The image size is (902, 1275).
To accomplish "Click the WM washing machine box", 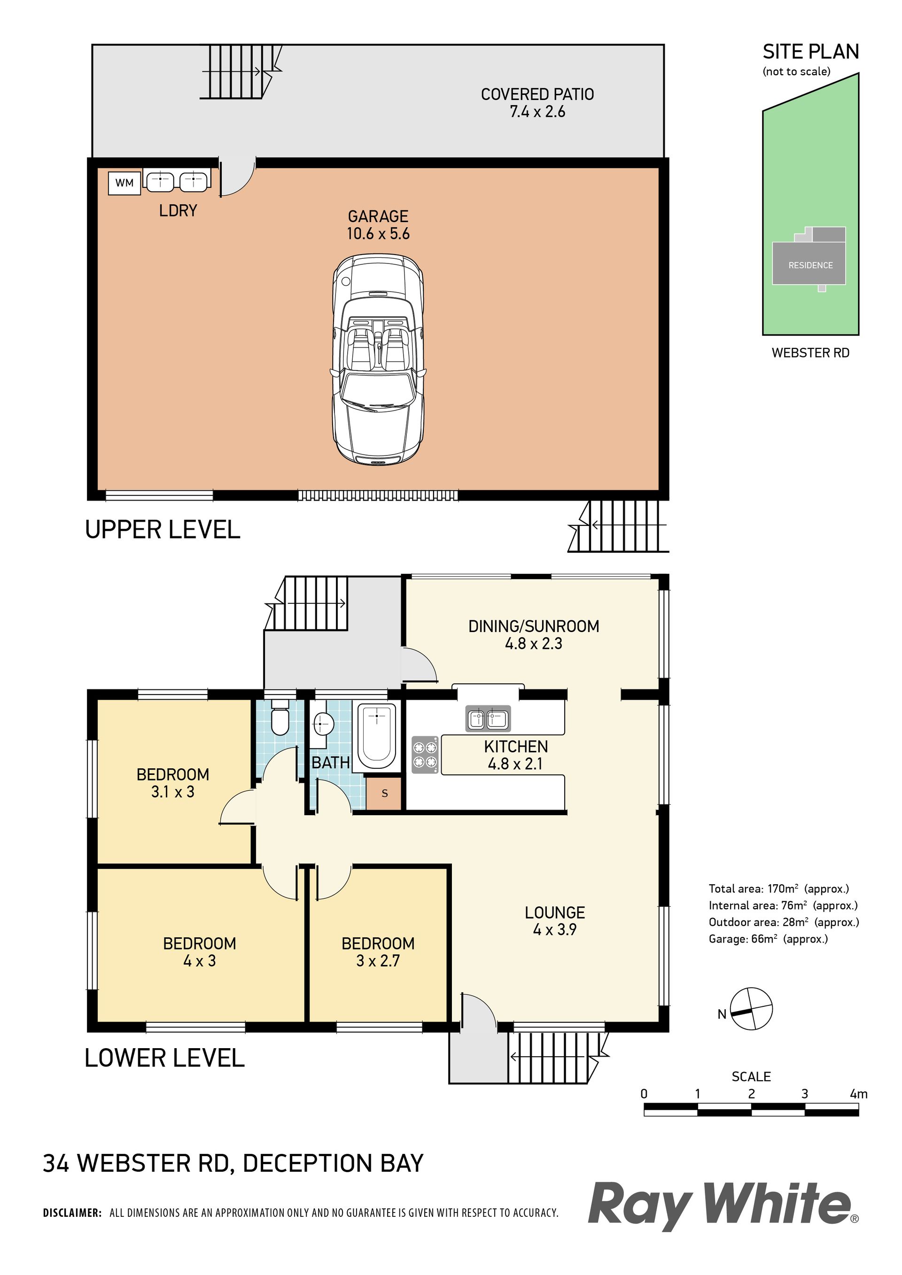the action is click(124, 183).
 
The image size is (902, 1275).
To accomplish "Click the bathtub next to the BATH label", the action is click(377, 736).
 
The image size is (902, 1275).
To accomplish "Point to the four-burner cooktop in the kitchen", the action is click(425, 754).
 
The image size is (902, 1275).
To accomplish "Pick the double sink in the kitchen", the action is click(488, 719).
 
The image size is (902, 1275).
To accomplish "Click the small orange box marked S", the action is click(384, 793).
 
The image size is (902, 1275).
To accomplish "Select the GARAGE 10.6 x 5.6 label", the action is click(378, 225).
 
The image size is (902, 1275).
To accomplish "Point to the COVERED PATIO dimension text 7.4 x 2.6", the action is click(537, 112).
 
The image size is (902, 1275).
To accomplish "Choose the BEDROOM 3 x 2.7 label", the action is click(378, 952).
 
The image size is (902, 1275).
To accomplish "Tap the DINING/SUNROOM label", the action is click(534, 626).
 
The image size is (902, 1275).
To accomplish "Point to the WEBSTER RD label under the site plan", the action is click(810, 353).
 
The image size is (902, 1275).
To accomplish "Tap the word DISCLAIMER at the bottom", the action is click(72, 1213).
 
